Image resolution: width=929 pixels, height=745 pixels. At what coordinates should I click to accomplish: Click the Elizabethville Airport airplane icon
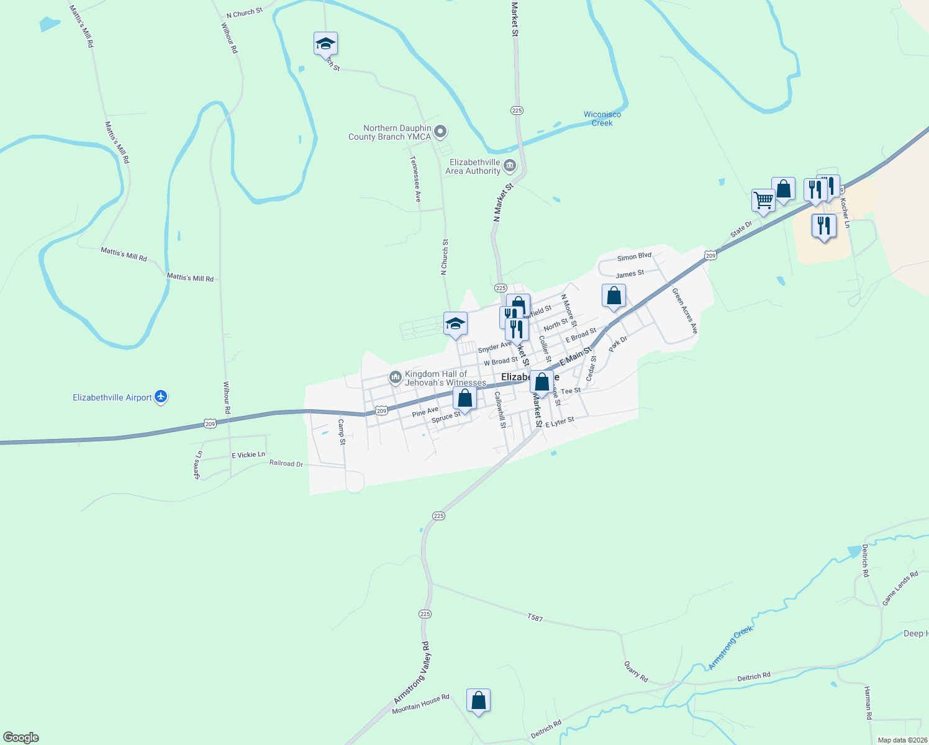point(161,396)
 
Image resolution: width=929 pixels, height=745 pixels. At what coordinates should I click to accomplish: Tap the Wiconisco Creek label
point(602,119)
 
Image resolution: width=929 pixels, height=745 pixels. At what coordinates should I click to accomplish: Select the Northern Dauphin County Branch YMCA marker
point(440,131)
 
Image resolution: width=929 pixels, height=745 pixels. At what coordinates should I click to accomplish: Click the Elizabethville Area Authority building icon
point(510,165)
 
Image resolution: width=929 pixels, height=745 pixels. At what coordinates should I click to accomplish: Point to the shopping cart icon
point(763,201)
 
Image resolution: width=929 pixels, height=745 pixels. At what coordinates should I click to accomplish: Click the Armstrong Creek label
point(730,648)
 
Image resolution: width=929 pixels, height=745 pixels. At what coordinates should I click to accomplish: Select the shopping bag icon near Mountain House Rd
point(478,700)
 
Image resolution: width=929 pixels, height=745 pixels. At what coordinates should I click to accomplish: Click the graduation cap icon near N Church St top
point(325,43)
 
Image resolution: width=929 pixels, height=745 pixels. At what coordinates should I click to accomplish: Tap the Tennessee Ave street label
point(415,178)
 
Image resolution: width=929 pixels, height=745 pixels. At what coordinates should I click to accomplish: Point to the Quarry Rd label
point(636,672)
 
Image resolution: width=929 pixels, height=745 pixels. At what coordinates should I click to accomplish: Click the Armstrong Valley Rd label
point(412,672)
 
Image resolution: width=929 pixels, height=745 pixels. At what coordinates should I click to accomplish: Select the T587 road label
point(535,618)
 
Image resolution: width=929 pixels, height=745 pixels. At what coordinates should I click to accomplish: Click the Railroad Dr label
point(286,463)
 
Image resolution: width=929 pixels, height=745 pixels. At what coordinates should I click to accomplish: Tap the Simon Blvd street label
point(634,256)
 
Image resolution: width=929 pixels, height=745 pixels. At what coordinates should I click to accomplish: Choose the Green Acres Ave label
point(685,310)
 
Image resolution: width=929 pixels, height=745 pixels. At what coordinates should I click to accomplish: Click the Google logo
point(21,738)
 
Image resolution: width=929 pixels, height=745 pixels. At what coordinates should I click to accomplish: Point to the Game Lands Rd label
point(900,589)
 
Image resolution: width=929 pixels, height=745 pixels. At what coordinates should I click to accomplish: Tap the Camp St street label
point(341,432)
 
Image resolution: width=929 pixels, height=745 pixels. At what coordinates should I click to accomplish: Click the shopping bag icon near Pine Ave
point(464,398)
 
